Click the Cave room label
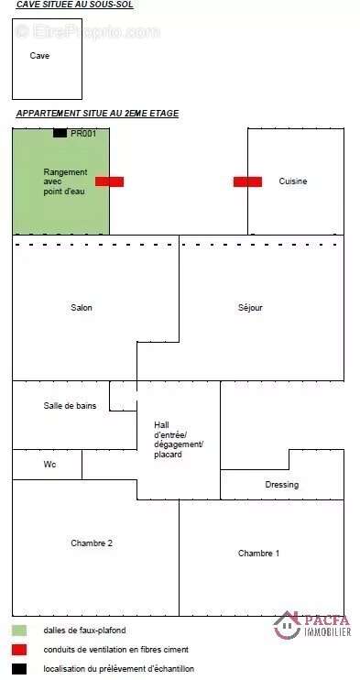coord(39,56)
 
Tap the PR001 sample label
coord(83,134)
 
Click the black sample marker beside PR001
coord(60,133)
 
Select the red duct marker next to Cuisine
coord(247,181)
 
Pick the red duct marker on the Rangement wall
coord(109,181)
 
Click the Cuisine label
coord(293,181)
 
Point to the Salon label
coord(82,308)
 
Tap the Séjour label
coord(250,308)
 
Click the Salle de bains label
coord(70,406)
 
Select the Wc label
coord(49,465)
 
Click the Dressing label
coord(282,485)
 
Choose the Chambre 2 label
coord(92,543)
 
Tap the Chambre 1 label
coord(259,554)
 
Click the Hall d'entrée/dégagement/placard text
coord(179,439)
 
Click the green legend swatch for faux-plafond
coord(19,631)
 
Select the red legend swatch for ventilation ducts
coord(19,650)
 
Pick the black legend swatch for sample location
coord(19,669)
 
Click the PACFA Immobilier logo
coord(312,625)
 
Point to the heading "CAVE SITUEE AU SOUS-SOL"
coord(74,5)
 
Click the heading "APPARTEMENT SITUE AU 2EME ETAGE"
coord(98,114)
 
